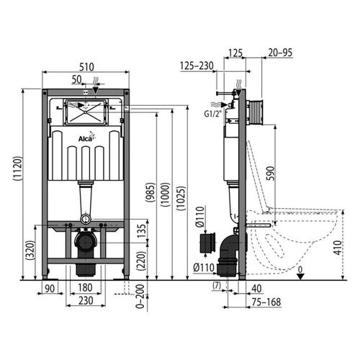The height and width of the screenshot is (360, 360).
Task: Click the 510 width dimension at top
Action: click(x=86, y=65)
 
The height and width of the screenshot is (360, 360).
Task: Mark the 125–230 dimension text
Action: click(x=196, y=66)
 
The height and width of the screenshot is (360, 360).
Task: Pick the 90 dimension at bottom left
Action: click(x=49, y=289)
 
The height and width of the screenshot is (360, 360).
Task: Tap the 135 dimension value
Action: click(x=141, y=228)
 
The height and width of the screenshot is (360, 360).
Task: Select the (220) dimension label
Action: click(x=141, y=261)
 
